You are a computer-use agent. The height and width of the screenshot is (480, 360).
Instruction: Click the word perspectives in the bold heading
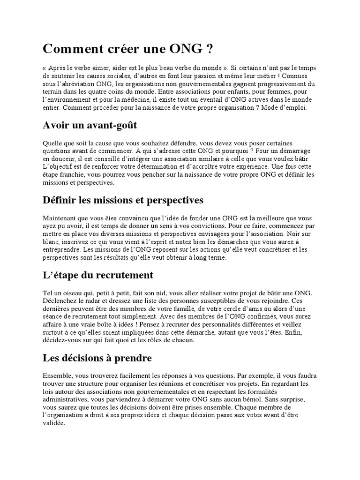174,200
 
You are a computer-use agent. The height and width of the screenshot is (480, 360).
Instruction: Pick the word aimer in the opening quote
94,67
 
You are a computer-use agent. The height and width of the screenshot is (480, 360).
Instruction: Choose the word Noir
307,234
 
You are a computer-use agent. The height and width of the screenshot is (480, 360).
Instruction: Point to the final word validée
54,422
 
